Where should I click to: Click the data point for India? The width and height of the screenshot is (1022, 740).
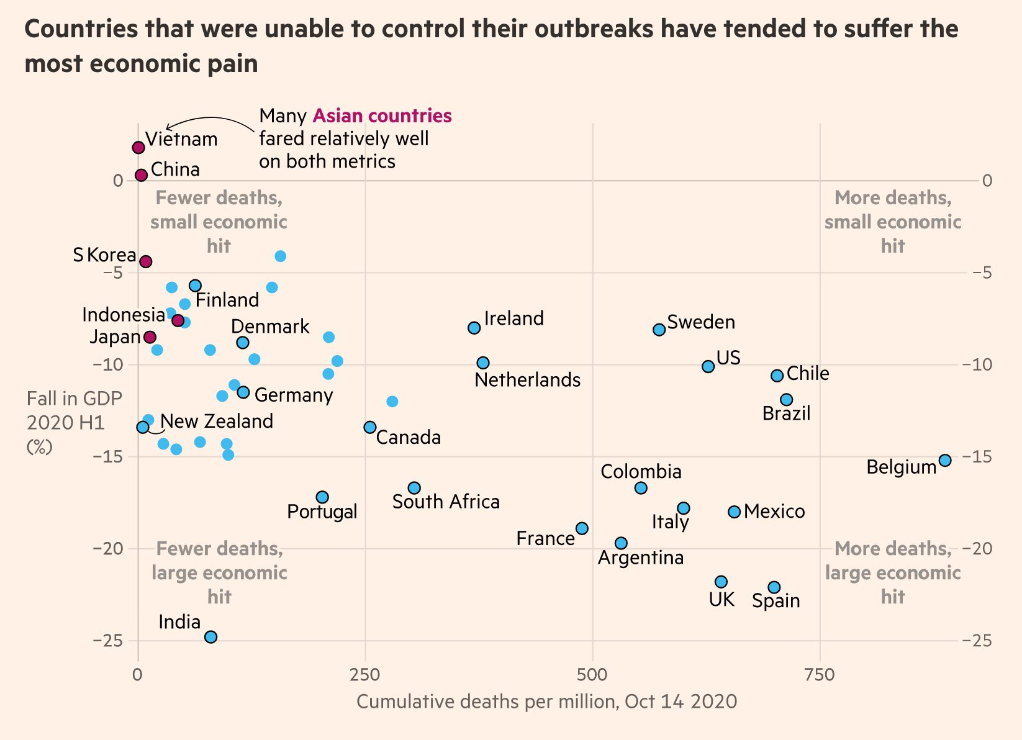pos(210,636)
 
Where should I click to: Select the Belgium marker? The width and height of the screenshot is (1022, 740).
pos(944,460)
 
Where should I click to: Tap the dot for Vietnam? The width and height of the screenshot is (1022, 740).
pos(138,147)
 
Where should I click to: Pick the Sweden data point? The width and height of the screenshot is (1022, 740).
pos(659,329)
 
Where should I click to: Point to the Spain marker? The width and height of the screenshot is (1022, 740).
pos(774,587)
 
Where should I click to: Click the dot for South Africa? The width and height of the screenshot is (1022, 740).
pos(414,488)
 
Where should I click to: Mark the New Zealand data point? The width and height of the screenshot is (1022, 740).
pos(143,427)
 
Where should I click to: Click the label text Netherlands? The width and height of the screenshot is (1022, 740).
pos(527,380)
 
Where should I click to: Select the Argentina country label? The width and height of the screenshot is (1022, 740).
pos(640,557)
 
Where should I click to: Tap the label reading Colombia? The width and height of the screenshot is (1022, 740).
pos(641,472)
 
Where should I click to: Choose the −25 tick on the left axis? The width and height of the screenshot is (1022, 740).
pos(107,640)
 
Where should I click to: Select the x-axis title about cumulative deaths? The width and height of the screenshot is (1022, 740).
pos(546,702)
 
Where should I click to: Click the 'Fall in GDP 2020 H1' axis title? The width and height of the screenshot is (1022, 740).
pos(74,422)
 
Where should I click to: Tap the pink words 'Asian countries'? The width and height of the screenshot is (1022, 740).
pos(382,116)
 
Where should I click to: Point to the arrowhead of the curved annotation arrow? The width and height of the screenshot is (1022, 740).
pos(166,128)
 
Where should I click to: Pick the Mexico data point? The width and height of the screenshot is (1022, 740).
pos(734,512)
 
